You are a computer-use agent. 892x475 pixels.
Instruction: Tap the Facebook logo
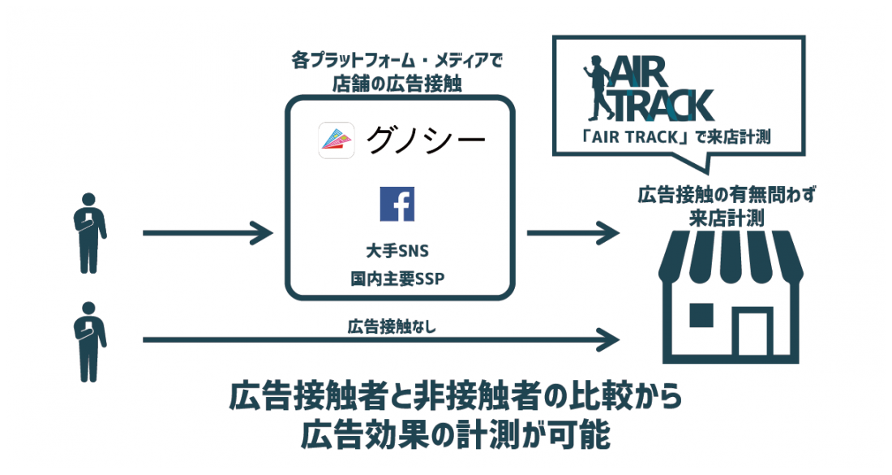tap(397, 203)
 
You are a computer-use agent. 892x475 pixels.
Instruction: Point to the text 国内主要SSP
tap(397, 279)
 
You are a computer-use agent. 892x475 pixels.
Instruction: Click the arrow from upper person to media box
tap(207, 234)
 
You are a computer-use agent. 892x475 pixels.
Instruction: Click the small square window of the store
tap(698, 314)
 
